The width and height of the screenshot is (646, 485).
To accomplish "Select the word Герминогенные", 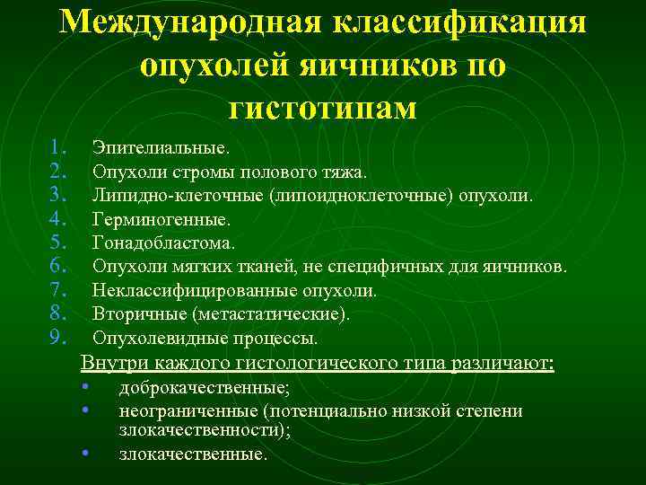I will coord(161,218).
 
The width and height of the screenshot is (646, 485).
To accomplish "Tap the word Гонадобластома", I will coord(164,242).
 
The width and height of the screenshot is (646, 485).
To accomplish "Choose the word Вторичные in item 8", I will coord(138,315).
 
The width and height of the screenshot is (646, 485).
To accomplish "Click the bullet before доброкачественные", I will coord(83,387).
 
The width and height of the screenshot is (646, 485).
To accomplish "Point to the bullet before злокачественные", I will coord(83,452).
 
